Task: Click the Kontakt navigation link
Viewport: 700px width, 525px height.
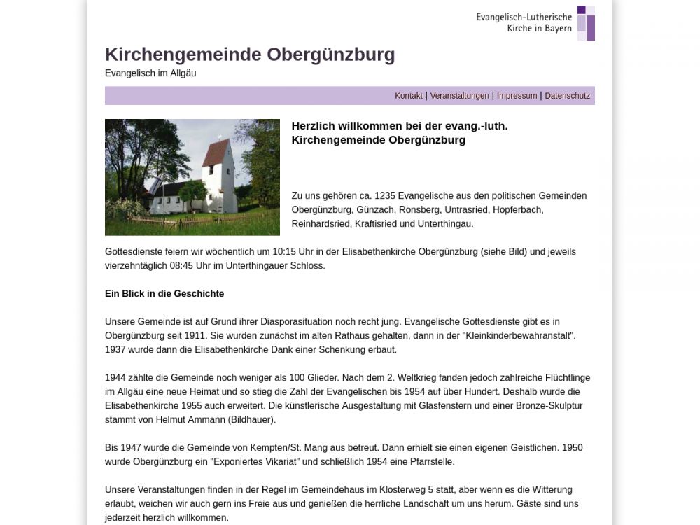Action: pyautogui.click(x=408, y=96)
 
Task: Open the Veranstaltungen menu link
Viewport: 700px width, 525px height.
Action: pyautogui.click(x=459, y=96)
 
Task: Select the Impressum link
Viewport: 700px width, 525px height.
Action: pyautogui.click(x=517, y=96)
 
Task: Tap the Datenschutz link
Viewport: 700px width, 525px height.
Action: pyautogui.click(x=567, y=96)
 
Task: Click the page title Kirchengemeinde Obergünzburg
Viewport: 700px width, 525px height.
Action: pyautogui.click(x=250, y=55)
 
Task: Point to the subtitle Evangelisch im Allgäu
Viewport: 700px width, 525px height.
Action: pyautogui.click(x=150, y=73)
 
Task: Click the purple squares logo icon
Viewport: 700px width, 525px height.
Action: pyautogui.click(x=586, y=23)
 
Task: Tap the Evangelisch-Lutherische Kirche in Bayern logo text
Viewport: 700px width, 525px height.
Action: pyautogui.click(x=524, y=22)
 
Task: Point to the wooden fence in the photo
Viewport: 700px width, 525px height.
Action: pyautogui.click(x=182, y=223)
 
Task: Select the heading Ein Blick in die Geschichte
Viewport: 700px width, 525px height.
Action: pyautogui.click(x=164, y=294)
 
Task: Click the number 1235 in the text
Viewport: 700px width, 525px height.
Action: pyautogui.click(x=385, y=196)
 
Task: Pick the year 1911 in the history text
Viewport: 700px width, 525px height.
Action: pyautogui.click(x=195, y=336)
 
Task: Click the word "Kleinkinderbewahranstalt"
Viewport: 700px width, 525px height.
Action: pyautogui.click(x=519, y=336)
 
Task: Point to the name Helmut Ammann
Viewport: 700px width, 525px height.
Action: pyautogui.click(x=191, y=420)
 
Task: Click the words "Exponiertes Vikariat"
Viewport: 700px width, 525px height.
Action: pyautogui.click(x=254, y=462)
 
